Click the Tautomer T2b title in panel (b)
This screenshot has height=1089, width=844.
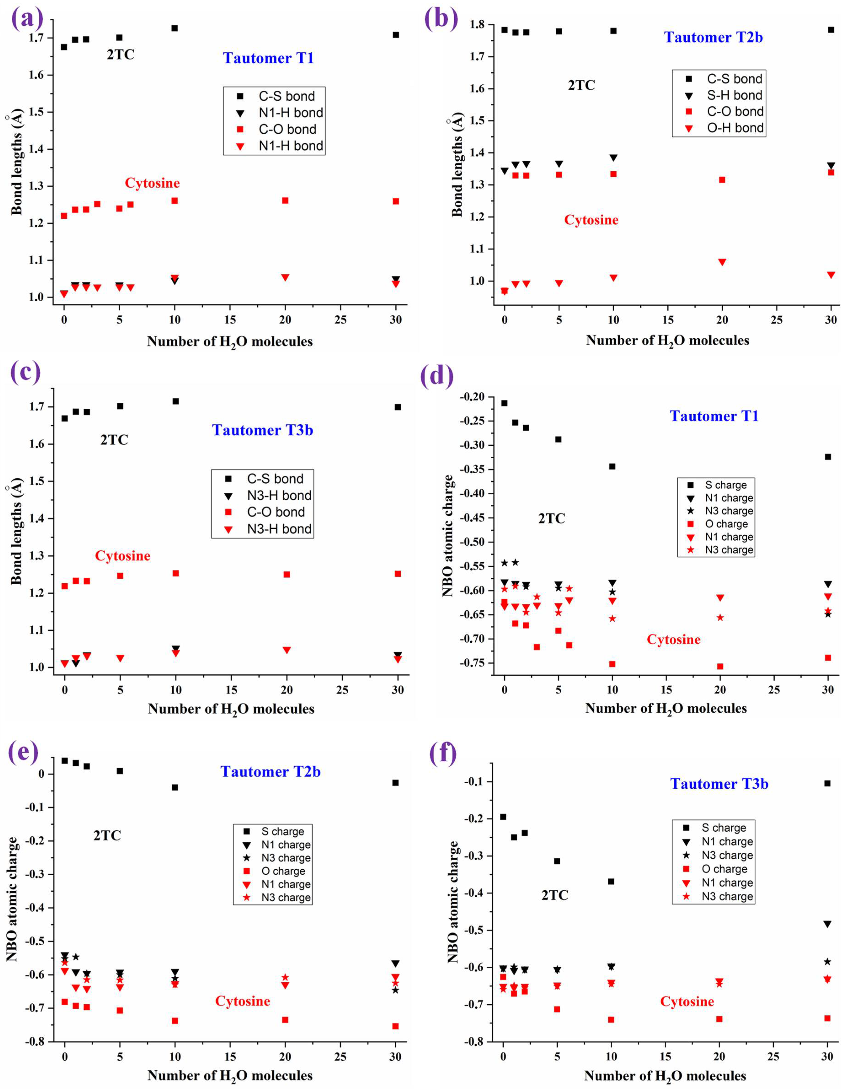[713, 37]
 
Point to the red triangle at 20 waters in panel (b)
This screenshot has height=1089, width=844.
[722, 262]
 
